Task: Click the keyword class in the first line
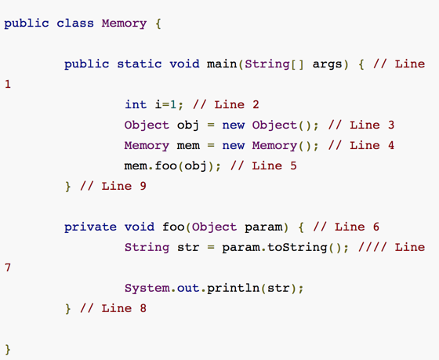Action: [x=75, y=23]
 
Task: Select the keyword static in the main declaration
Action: [x=140, y=64]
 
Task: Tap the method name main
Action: [x=222, y=64]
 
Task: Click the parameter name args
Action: [x=328, y=64]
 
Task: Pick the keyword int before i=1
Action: [x=136, y=104]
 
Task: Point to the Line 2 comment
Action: [x=226, y=104]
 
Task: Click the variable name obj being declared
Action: [x=188, y=125]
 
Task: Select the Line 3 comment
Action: [x=361, y=125]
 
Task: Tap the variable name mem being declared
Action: [x=188, y=146]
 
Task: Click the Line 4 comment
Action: [x=361, y=145]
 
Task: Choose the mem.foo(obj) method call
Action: [x=169, y=165]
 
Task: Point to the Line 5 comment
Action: [x=263, y=165]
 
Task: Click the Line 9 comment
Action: [x=113, y=186]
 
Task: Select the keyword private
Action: [x=90, y=227]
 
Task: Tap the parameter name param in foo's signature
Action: [x=263, y=227]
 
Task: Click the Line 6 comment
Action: [x=346, y=227]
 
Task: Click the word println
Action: [x=234, y=288]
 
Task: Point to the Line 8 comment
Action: [x=113, y=308]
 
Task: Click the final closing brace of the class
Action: [x=8, y=350]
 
